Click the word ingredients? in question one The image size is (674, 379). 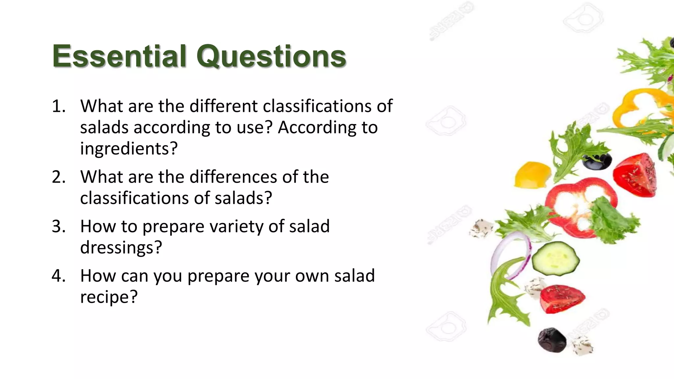coord(129,149)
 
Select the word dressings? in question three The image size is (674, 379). coord(121,248)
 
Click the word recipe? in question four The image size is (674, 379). coord(109,297)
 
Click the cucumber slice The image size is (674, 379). coord(556,259)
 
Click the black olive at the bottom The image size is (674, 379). coord(552,340)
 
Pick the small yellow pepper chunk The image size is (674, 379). coord(532,175)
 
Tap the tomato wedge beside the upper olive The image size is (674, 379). coord(634,176)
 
